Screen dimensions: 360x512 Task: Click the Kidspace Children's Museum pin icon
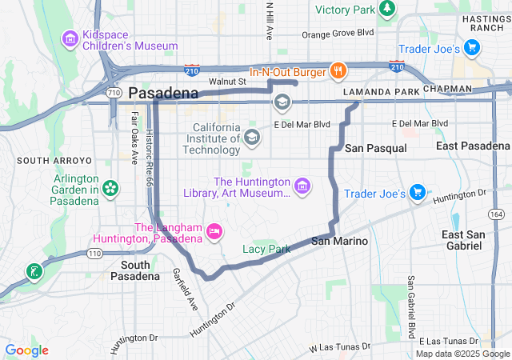tap(70, 38)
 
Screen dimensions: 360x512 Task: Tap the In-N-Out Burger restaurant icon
tap(338, 71)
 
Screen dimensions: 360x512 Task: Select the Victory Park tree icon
tap(387, 9)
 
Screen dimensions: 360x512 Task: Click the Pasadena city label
tap(163, 94)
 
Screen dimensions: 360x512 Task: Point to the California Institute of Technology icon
tap(252, 138)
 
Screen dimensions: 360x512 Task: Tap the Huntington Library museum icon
tap(302, 187)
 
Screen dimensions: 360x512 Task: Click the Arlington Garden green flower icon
tap(110, 189)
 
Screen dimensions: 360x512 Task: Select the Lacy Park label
tap(266, 250)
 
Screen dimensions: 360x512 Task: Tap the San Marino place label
tap(339, 241)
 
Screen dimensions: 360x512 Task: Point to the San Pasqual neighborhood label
tap(375, 149)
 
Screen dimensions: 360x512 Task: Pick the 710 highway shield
tap(113, 93)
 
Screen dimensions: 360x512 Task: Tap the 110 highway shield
tap(94, 254)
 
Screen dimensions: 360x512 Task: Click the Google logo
tap(27, 350)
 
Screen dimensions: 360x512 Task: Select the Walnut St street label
tap(227, 81)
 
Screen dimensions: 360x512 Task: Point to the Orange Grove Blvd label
tap(337, 34)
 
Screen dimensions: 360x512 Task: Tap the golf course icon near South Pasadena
tap(34, 271)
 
